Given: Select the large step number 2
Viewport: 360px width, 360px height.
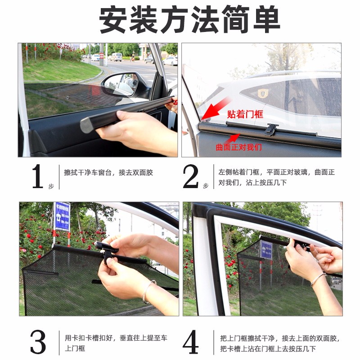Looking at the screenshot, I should [x=190, y=177].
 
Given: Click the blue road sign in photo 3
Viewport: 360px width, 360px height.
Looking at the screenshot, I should [x=62, y=216].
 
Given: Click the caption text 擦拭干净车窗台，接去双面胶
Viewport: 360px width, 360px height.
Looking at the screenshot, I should [x=108, y=172].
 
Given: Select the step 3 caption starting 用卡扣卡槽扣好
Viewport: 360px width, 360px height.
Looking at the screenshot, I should [x=117, y=343].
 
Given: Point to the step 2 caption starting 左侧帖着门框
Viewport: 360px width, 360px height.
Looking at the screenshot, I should [x=276, y=177].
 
